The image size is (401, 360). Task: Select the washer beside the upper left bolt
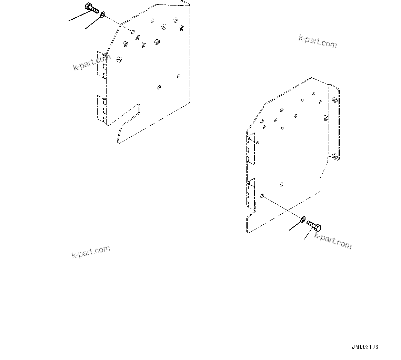(102, 15)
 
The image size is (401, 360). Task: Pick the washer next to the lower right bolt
(303, 219)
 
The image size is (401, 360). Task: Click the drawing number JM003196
(365, 347)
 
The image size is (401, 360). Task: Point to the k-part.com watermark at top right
(318, 42)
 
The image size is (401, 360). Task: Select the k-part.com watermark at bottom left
(91, 252)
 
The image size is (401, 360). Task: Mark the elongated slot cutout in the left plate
(128, 123)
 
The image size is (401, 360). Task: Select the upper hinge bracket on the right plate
(251, 148)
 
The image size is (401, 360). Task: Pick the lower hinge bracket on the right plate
(251, 193)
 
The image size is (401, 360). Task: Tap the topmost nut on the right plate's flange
(334, 100)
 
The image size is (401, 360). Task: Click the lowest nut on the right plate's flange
(334, 157)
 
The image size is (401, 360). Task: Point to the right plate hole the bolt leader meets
(262, 196)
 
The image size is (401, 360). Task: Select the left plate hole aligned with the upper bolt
(133, 32)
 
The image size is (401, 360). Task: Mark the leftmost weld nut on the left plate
(119, 60)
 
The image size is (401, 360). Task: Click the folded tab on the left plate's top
(184, 3)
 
